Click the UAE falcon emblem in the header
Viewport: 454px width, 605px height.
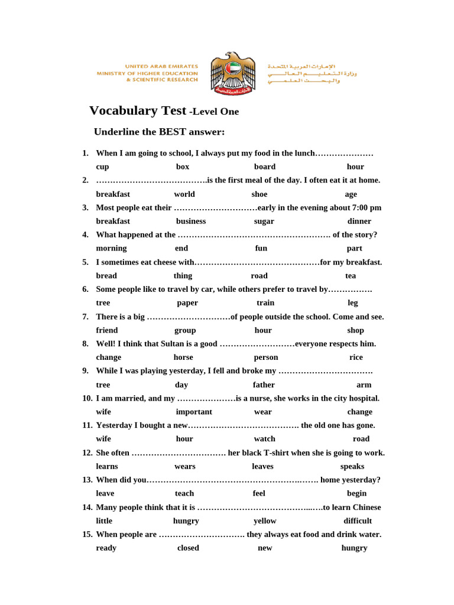232,73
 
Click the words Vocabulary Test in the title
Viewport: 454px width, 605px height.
137,110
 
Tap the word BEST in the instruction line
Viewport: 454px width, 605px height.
173,132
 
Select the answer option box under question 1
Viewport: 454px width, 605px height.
183,167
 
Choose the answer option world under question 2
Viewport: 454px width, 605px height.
184,194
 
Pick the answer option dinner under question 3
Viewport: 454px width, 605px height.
359,221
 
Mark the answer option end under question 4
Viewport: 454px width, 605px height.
181,248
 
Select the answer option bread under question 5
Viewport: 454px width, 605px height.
106,275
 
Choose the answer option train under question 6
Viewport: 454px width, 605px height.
265,302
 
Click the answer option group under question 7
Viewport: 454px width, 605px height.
185,330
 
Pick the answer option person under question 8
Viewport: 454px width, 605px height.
265,357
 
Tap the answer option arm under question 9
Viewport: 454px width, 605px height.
364,385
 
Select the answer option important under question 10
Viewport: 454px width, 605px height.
193,412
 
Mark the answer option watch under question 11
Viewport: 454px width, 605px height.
264,439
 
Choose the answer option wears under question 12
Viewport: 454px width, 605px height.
184,466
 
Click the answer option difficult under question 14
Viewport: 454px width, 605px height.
357,521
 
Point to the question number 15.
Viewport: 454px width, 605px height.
87,534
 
